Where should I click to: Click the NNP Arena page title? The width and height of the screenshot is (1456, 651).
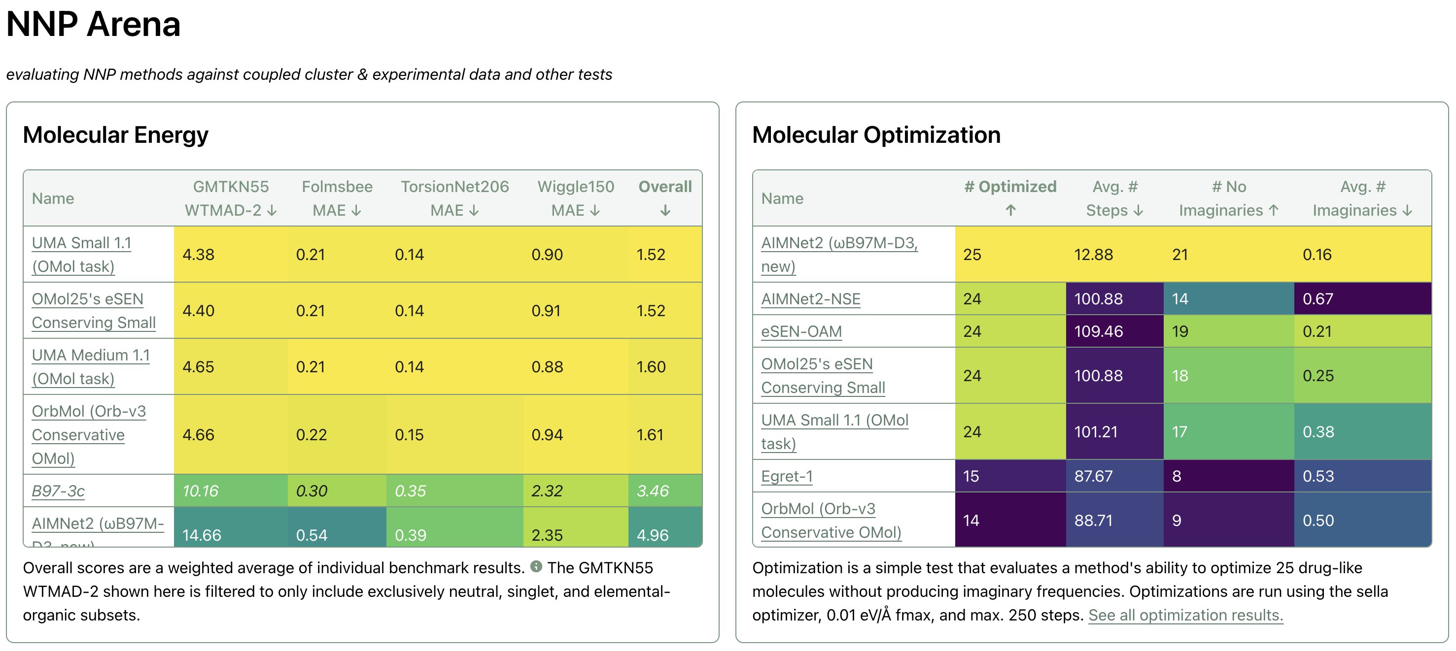[x=93, y=24]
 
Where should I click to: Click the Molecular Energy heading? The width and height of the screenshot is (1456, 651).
[x=115, y=135]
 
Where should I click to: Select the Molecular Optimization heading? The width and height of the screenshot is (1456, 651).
[x=875, y=135]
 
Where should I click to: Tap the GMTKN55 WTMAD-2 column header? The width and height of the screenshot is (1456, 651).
[x=231, y=198]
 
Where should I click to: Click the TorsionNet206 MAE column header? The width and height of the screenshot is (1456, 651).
[x=454, y=198]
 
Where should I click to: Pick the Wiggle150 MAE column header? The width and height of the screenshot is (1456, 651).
[x=575, y=198]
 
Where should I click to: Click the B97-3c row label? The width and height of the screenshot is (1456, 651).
[x=58, y=490]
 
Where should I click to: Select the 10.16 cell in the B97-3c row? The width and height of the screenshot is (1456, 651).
[x=201, y=490]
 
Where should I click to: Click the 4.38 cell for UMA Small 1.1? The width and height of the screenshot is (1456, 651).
[x=199, y=255]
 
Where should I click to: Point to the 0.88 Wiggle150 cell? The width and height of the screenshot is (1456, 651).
[x=547, y=367]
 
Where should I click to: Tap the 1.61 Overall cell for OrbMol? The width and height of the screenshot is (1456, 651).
[x=650, y=435]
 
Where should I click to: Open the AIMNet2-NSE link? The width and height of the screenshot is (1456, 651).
[x=810, y=299]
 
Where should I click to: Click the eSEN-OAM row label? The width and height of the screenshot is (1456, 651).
[x=801, y=331]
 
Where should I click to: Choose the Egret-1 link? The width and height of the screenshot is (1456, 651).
[x=787, y=476]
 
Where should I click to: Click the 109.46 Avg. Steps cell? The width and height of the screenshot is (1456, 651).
[x=1098, y=331]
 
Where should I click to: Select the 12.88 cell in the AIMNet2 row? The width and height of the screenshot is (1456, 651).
[x=1093, y=255]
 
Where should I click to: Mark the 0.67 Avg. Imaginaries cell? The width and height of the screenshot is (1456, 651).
[x=1317, y=299]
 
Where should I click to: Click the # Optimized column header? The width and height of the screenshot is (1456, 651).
[x=1010, y=198]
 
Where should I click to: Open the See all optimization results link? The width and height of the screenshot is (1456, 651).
[x=1185, y=615]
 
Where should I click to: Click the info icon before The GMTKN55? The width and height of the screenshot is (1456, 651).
[x=536, y=566]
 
